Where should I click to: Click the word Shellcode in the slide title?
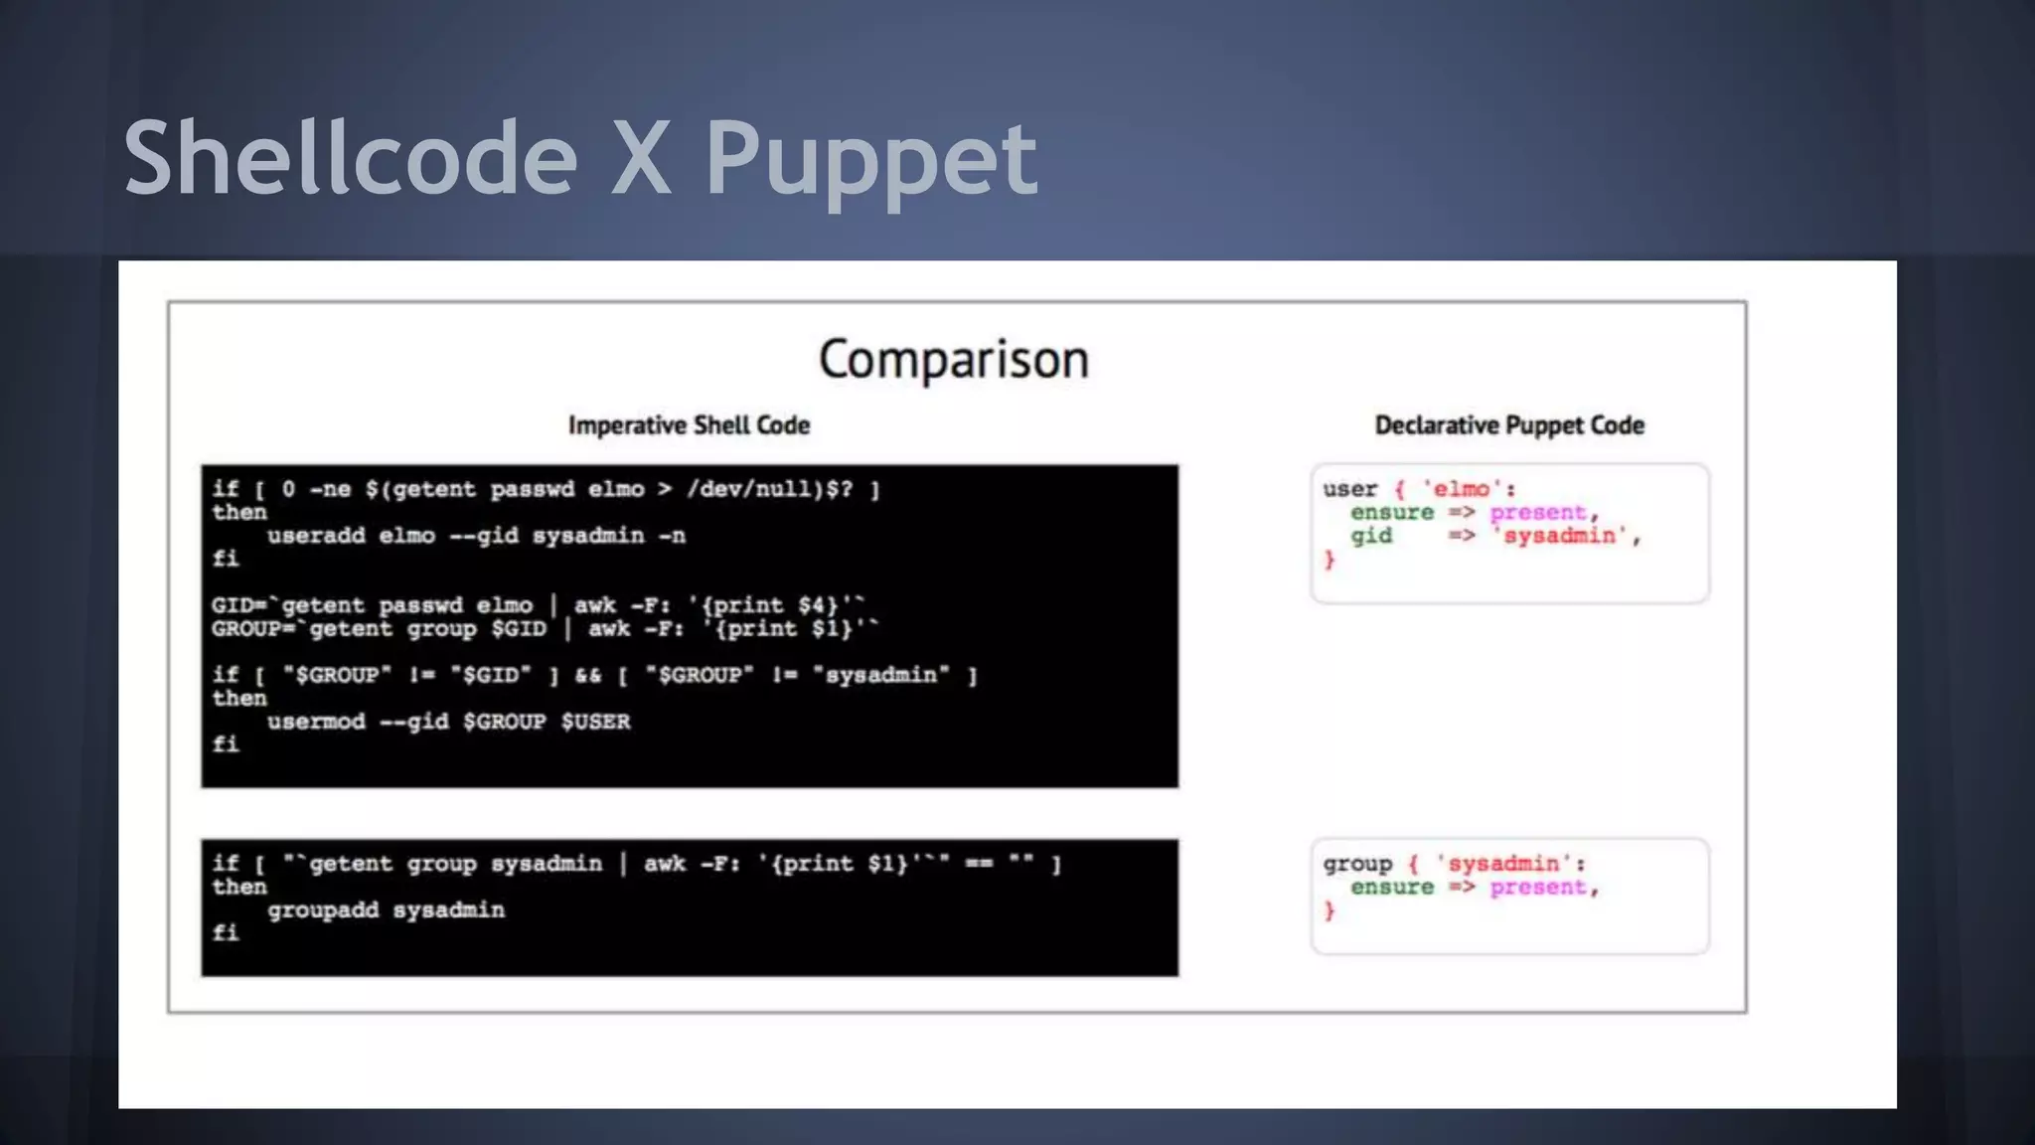(350, 157)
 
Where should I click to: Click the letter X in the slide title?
(640, 157)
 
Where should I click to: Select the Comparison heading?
(954, 359)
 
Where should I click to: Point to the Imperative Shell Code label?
(689, 425)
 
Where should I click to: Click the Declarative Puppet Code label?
(1509, 425)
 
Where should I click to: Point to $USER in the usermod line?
(595, 722)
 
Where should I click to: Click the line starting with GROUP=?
(545, 629)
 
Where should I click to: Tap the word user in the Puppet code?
(1349, 489)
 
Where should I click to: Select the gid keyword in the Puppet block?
(1370, 536)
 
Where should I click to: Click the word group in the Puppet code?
(1356, 864)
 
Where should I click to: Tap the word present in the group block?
(1537, 888)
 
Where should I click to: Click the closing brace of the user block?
(1330, 561)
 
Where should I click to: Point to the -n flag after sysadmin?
(672, 536)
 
